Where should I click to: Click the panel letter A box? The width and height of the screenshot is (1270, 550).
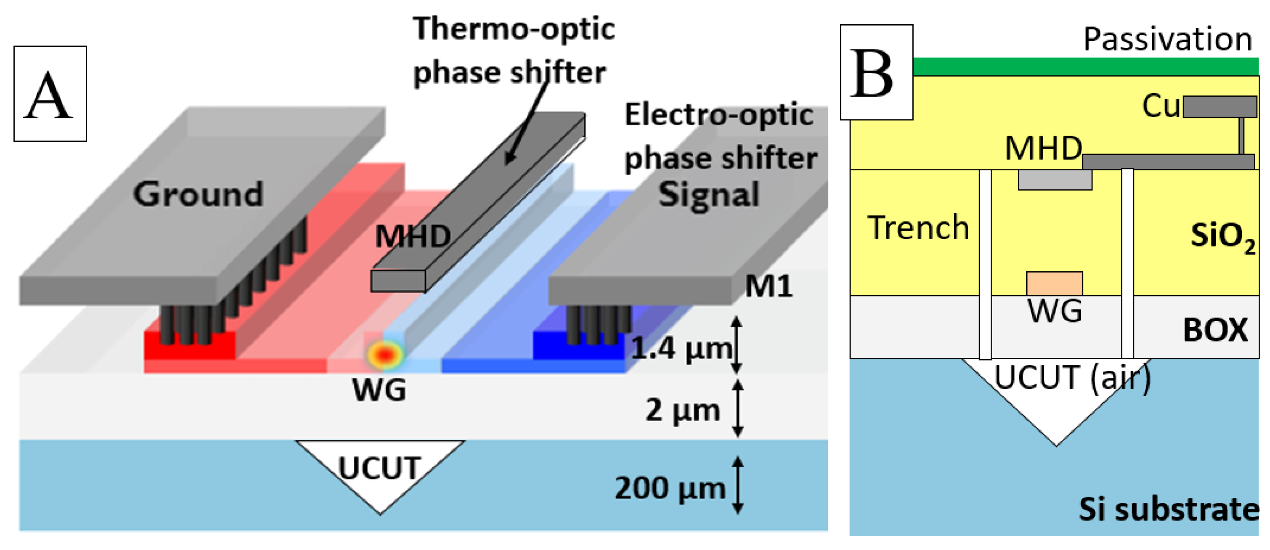pos(50,94)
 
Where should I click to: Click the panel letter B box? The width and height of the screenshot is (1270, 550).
pos(876,72)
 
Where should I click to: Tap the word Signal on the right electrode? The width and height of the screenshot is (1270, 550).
pos(709,194)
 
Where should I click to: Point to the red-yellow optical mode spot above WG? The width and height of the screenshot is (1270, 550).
pos(385,354)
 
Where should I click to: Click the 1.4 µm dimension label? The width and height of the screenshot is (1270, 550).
pos(682,349)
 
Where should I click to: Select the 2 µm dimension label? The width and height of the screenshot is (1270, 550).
pos(683,410)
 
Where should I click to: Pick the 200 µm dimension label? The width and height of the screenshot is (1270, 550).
pos(669,488)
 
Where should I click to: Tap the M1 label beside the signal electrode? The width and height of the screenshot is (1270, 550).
pos(768,286)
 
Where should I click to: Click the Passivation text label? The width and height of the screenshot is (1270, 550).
pos(1167,39)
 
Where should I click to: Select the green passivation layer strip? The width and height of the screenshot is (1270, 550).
pos(1085,67)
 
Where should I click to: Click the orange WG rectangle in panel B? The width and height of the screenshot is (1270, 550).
pos(1054,283)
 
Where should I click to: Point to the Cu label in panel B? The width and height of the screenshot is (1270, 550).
pos(1160,106)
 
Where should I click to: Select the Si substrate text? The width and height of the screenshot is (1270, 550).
pos(1168,509)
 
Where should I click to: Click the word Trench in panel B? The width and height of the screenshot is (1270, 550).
pos(918,228)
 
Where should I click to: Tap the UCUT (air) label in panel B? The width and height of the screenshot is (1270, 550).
pos(1072,378)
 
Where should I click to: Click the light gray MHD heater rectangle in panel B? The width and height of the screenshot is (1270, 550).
pos(1055,180)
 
